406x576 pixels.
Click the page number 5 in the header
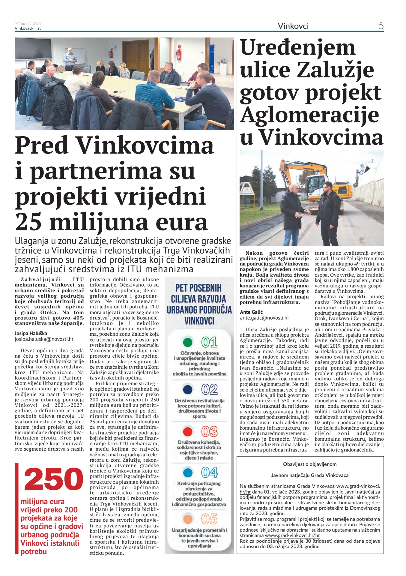click(381, 26)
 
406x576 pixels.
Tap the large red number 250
click(54, 479)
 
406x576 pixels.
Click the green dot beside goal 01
click(188, 342)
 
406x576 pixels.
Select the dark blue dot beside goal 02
click(188, 389)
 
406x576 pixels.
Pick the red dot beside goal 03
click(188, 432)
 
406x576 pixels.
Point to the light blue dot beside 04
click(188, 473)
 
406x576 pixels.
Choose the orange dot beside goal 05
click(188, 519)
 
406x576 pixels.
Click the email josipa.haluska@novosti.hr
click(44, 339)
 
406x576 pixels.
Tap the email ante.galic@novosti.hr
click(264, 318)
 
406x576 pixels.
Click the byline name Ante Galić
click(251, 312)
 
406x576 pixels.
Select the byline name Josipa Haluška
click(31, 333)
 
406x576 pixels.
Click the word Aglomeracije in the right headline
click(309, 115)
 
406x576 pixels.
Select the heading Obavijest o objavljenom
click(310, 464)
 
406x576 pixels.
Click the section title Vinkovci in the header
click(293, 26)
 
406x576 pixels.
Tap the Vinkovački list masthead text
click(28, 28)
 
